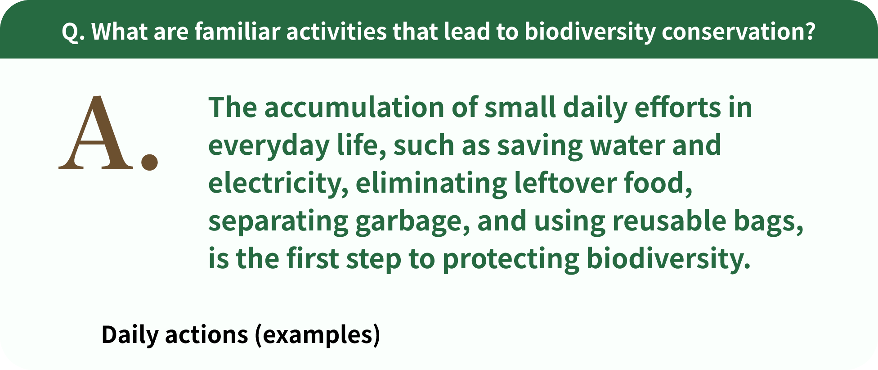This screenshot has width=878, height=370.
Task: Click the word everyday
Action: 269,147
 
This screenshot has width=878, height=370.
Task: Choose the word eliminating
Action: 431,184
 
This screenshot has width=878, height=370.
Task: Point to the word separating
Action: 278,222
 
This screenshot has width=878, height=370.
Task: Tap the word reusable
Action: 669,221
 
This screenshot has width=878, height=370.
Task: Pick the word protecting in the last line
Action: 511,260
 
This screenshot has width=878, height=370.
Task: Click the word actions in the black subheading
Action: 206,335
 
